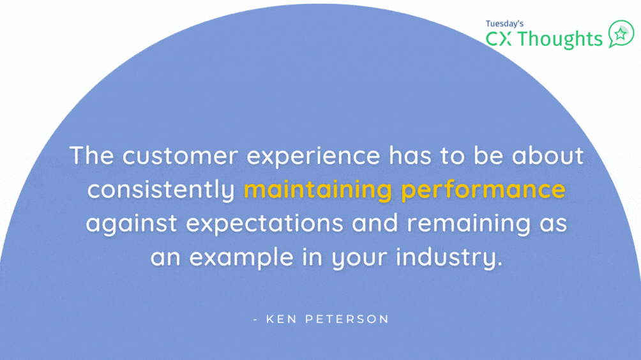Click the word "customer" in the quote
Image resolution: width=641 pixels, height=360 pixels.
pyautogui.click(x=180, y=156)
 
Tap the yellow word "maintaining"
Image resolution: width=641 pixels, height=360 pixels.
pyautogui.click(x=318, y=190)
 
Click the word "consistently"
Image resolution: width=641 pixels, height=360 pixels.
pyautogui.click(x=161, y=190)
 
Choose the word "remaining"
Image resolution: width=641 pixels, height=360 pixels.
pyautogui.click(x=469, y=224)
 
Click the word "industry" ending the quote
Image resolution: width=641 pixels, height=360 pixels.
pyautogui.click(x=449, y=258)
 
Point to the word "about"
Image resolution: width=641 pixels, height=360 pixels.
pyautogui.click(x=547, y=156)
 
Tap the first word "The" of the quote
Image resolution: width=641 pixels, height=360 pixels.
pyautogui.click(x=91, y=156)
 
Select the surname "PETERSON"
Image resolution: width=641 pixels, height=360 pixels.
pyautogui.click(x=347, y=319)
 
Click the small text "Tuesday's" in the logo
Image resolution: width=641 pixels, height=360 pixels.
pyautogui.click(x=504, y=24)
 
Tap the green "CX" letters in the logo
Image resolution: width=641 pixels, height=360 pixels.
pyautogui.click(x=499, y=39)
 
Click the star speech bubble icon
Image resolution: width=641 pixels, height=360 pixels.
pyautogui.click(x=621, y=34)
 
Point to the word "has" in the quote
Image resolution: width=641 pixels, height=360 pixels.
pyautogui.click(x=410, y=156)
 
